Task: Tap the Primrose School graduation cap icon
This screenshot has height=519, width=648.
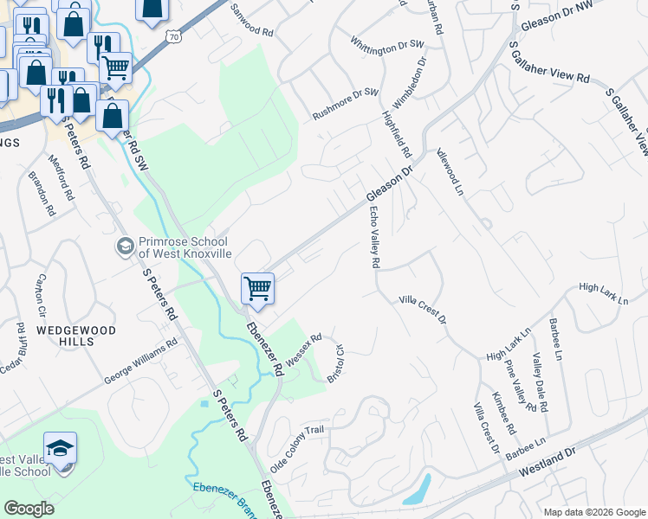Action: (125, 247)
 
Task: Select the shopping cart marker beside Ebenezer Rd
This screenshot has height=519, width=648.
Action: (257, 289)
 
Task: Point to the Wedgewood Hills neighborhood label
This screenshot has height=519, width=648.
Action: (64, 336)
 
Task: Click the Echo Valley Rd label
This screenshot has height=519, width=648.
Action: (374, 236)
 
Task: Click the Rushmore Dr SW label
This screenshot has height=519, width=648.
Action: (346, 103)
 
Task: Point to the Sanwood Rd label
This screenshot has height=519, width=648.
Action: (252, 21)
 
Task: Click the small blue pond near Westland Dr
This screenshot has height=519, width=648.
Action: (418, 490)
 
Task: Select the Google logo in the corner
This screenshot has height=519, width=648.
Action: (29, 509)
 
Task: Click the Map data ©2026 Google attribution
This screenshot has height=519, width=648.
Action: (594, 512)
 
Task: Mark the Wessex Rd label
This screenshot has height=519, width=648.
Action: (303, 349)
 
